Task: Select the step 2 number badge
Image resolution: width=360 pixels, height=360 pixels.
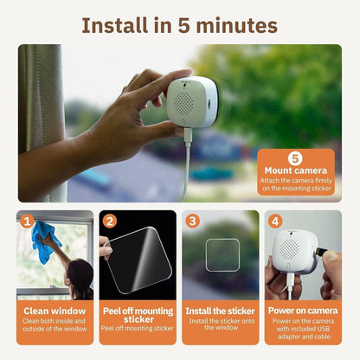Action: [x=109, y=221]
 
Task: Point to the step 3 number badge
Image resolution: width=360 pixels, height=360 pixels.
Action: [x=192, y=221]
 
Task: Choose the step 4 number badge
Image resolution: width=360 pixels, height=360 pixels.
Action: [x=275, y=221]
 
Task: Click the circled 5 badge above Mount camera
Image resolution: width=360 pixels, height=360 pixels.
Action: [x=295, y=158]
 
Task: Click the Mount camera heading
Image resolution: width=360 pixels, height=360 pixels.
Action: [x=295, y=171]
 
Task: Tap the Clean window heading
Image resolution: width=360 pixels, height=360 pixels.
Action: [x=55, y=309]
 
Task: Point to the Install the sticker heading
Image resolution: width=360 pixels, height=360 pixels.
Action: [x=221, y=309]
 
